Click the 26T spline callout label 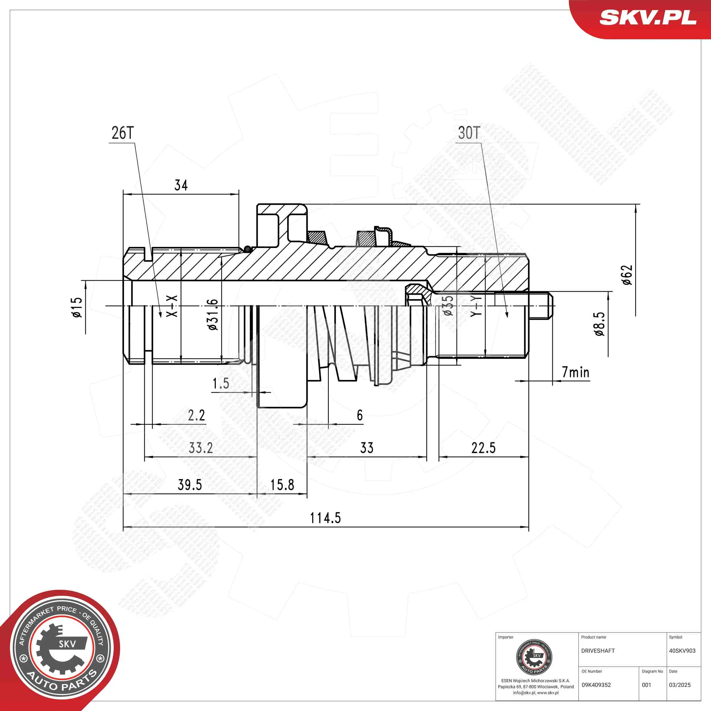[123, 133]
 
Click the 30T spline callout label [469, 133]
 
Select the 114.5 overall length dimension [325, 518]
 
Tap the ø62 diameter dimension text [627, 275]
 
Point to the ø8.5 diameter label [600, 324]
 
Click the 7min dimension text [576, 373]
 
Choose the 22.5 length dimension [483, 448]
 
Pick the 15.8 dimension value [282, 485]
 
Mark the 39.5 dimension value [190, 485]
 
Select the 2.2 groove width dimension [197, 416]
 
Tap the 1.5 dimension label [221, 383]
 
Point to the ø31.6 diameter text [213, 315]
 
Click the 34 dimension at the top [181, 185]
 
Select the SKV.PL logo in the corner [648, 18]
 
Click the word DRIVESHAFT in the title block [598, 651]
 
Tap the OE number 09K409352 [596, 685]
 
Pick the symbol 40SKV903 [682, 651]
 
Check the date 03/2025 [680, 685]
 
